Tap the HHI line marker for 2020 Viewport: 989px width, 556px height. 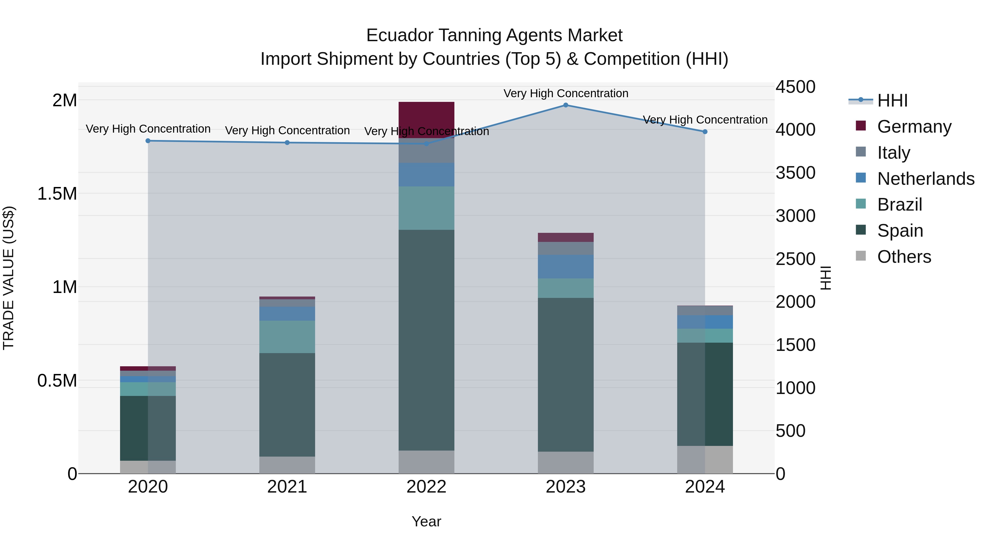click(x=148, y=141)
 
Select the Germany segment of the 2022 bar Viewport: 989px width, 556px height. click(x=426, y=119)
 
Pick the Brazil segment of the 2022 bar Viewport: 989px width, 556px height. click(x=426, y=208)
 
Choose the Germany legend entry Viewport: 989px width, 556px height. click(x=914, y=127)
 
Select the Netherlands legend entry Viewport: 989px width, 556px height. click(x=925, y=179)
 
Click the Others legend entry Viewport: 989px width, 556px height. click(x=904, y=257)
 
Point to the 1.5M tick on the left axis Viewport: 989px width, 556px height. click(x=57, y=194)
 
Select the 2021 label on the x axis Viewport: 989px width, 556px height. click(x=287, y=487)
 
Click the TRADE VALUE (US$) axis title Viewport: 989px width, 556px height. click(x=9, y=278)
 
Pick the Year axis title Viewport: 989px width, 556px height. click(x=426, y=521)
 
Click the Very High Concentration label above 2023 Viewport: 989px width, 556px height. click(x=566, y=93)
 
